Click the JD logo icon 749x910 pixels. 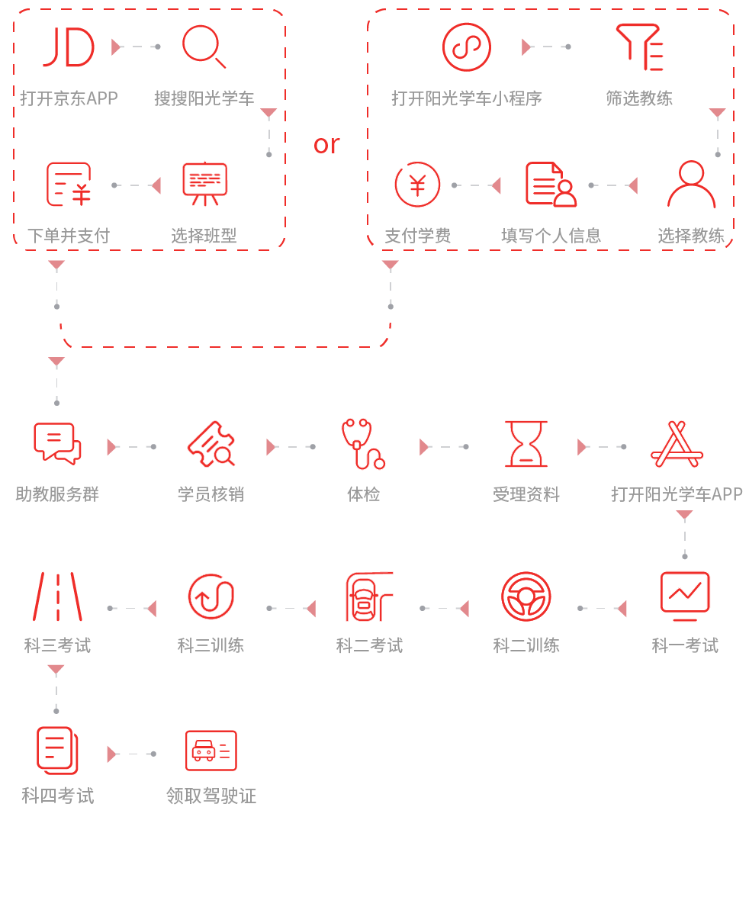[69, 47]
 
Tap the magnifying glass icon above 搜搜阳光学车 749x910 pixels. [204, 46]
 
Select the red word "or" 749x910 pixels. [326, 143]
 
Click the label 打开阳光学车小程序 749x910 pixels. [467, 98]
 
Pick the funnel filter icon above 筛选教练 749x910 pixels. [639, 47]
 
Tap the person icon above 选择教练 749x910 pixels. [691, 185]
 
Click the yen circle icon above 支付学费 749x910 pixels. [417, 185]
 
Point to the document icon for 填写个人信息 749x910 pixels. [551, 185]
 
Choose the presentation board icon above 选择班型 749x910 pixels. [204, 184]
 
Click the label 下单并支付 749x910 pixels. [69, 236]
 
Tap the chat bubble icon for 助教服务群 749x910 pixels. [57, 443]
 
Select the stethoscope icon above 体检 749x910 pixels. [363, 443]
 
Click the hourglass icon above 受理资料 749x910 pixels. [526, 443]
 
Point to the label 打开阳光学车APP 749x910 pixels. [677, 494]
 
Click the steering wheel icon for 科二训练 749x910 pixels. [526, 596]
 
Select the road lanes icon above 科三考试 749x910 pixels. [57, 596]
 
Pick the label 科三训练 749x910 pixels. [211, 645]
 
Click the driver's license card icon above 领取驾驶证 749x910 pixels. [211, 751]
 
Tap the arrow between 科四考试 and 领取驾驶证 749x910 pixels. [131, 754]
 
